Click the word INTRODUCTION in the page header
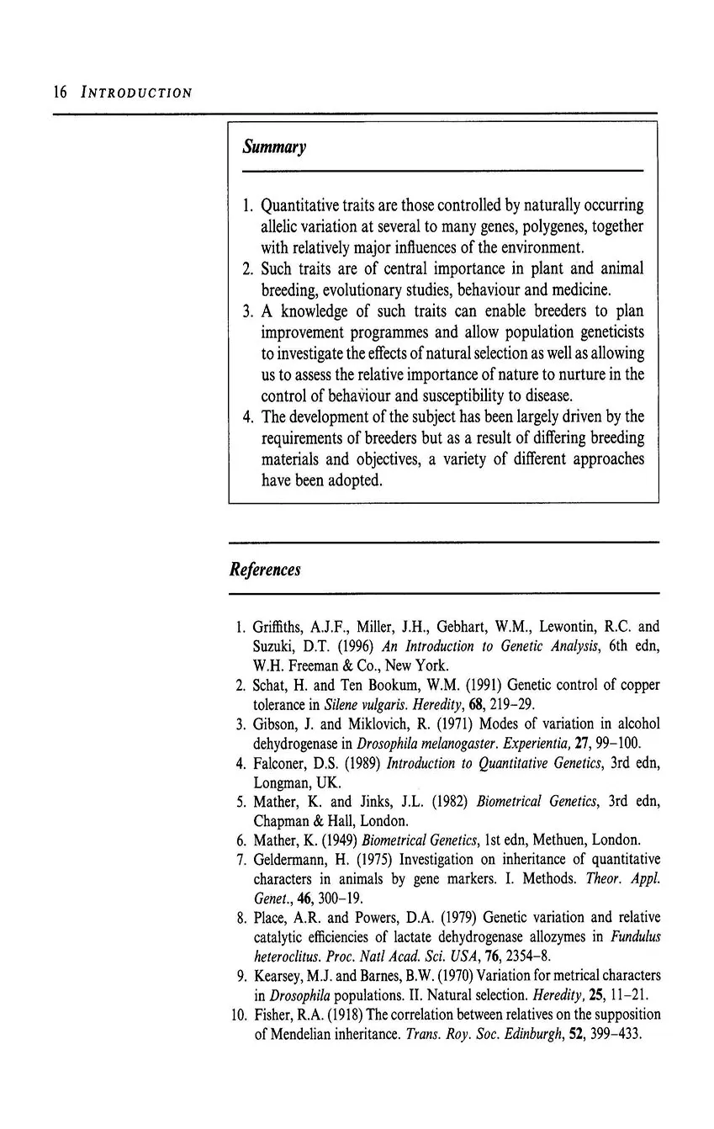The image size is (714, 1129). tap(136, 93)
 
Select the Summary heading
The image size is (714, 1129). tap(274, 147)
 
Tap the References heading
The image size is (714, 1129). tap(264, 570)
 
